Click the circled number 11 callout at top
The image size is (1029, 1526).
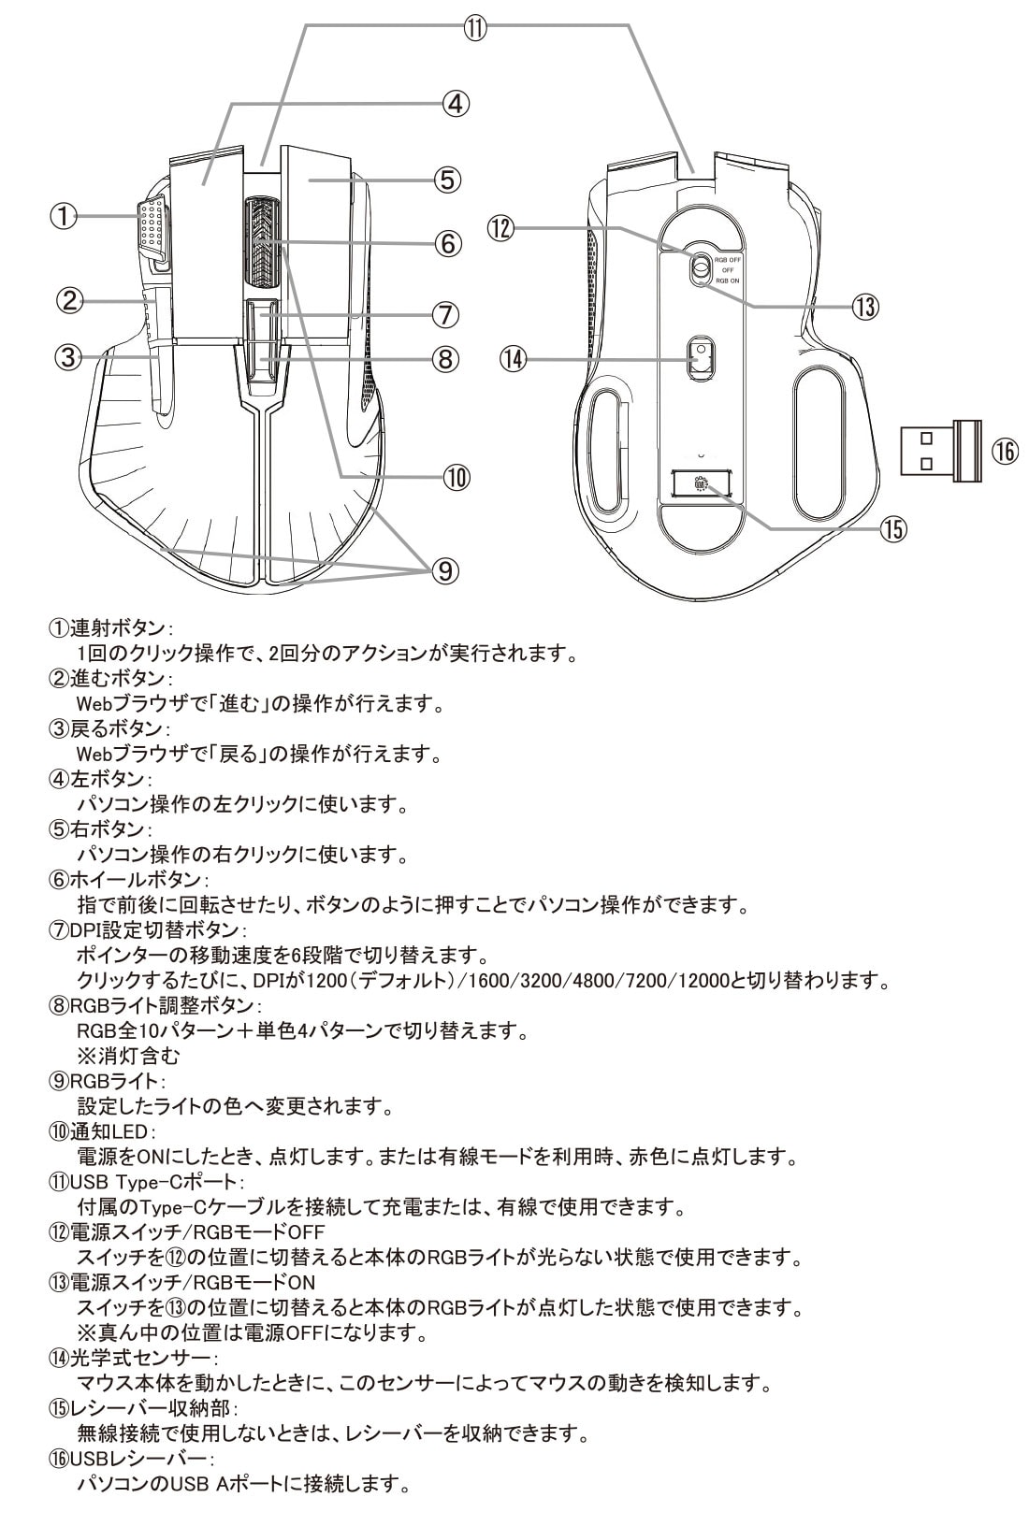tap(476, 26)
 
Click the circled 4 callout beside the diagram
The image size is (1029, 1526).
tap(455, 103)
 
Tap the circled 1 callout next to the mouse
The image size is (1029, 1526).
tap(62, 216)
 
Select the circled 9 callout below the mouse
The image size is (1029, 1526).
tap(445, 569)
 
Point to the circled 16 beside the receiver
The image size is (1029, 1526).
tap(1004, 452)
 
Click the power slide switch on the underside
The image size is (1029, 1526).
tap(699, 268)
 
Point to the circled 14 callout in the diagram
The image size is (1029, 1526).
tap(514, 357)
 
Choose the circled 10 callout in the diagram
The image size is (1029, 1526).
tap(455, 477)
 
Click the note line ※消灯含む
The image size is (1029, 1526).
tap(128, 1057)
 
